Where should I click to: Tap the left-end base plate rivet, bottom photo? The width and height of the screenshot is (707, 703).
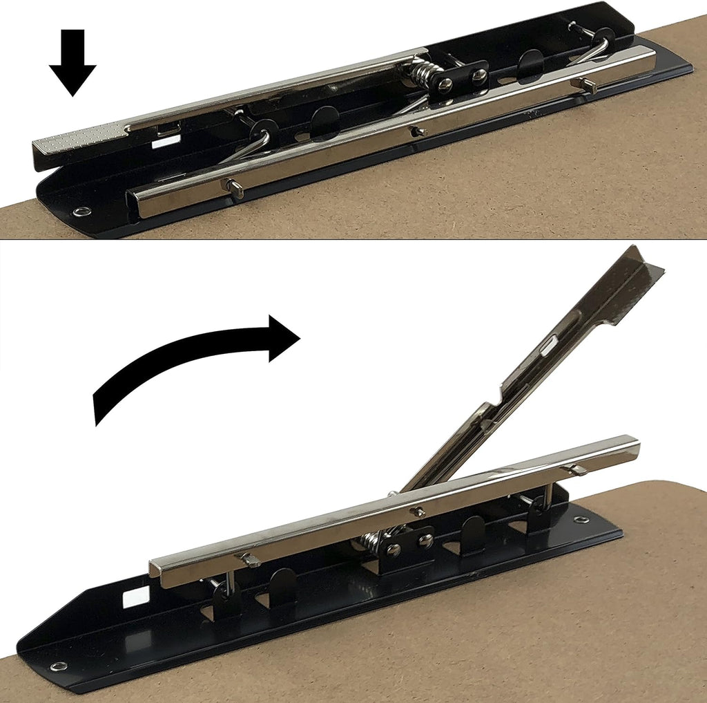tap(59, 666)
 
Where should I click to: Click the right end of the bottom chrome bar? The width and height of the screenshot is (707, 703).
tap(633, 449)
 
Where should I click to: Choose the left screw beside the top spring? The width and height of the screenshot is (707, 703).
tap(446, 84)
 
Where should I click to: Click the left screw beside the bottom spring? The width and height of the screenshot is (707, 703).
tap(394, 550)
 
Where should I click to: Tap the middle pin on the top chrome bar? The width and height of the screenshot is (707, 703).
tap(417, 130)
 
